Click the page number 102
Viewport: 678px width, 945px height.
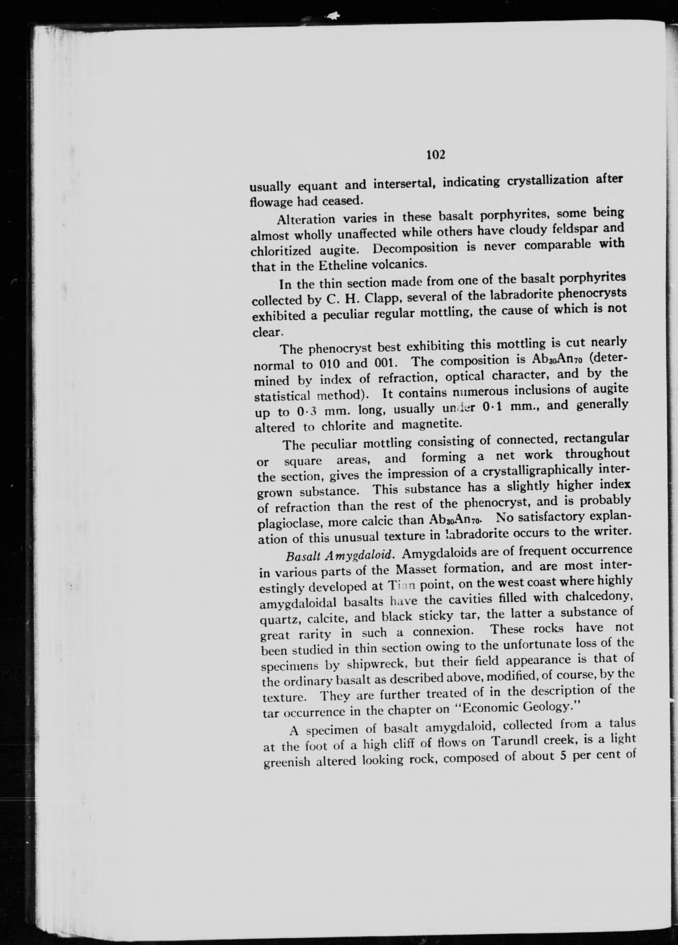click(436, 155)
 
